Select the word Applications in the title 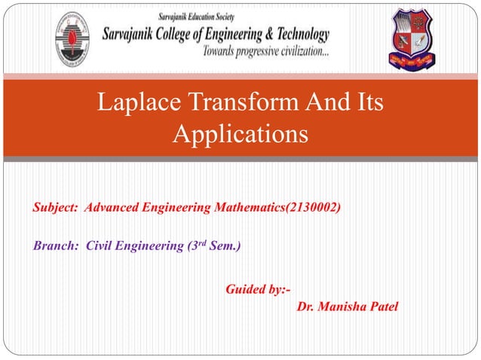pos(240,136)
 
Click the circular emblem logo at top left pos(72,39)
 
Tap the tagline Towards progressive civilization pos(265,52)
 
